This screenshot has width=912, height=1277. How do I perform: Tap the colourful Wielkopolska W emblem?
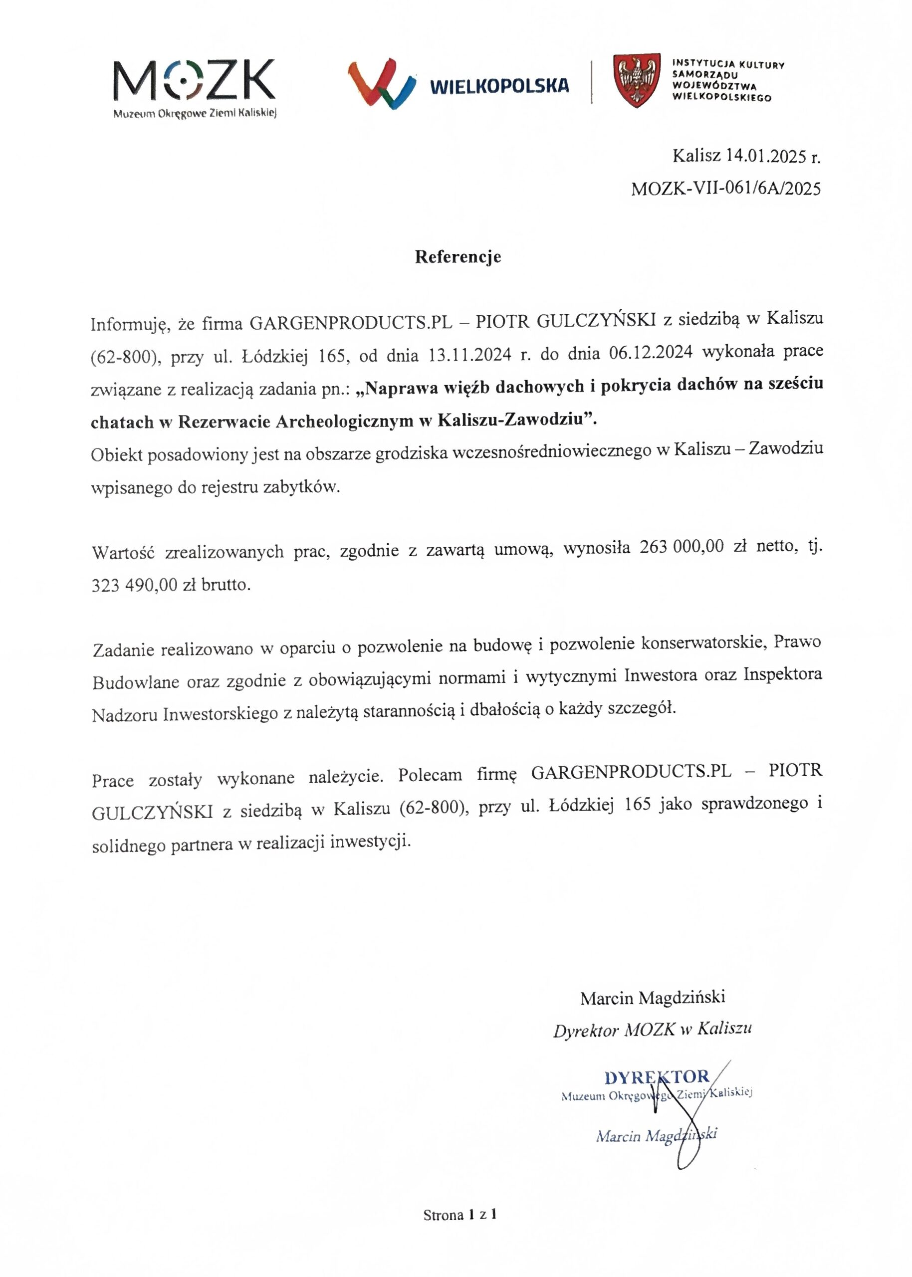click(381, 84)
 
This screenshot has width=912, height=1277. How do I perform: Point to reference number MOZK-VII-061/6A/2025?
click(725, 189)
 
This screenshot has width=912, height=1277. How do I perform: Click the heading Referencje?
click(457, 256)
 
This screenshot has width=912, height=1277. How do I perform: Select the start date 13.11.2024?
click(469, 355)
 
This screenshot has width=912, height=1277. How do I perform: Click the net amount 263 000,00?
click(681, 547)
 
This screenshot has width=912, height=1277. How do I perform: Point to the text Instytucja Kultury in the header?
click(728, 64)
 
